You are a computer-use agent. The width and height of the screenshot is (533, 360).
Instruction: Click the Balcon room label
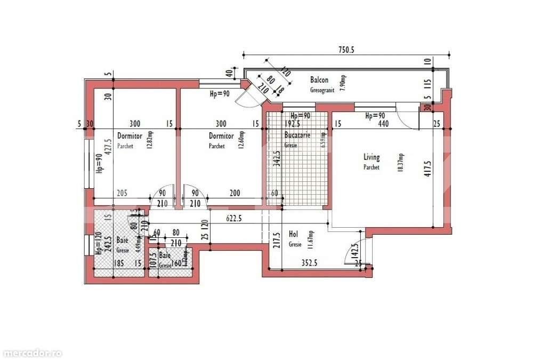click(x=319, y=80)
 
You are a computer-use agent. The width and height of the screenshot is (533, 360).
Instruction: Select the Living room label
click(x=372, y=157)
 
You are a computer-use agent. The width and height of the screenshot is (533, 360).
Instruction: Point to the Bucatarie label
click(x=295, y=136)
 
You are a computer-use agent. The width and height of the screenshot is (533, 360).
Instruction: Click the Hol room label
click(x=293, y=234)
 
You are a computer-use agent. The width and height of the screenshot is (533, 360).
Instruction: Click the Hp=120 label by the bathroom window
click(x=98, y=244)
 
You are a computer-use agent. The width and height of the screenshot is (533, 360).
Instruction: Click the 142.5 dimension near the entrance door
click(x=353, y=251)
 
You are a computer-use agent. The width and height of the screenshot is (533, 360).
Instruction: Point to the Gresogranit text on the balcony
click(x=322, y=90)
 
